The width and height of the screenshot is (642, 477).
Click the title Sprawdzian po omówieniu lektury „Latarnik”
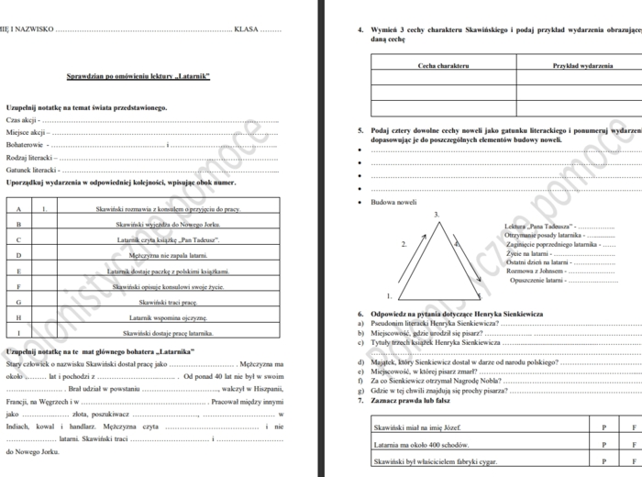(x=139, y=75)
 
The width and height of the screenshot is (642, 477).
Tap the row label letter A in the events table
(x=18, y=209)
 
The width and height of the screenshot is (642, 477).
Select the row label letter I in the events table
(x=18, y=333)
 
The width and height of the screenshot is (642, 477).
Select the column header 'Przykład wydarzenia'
(x=582, y=66)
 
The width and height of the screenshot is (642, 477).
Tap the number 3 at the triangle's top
(x=437, y=214)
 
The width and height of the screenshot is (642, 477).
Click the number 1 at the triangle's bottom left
(x=390, y=295)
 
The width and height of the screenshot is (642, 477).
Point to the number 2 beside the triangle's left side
(x=404, y=245)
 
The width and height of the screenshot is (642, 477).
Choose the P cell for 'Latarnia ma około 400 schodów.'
(x=603, y=445)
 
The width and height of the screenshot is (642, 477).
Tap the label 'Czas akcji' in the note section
(x=21, y=120)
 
